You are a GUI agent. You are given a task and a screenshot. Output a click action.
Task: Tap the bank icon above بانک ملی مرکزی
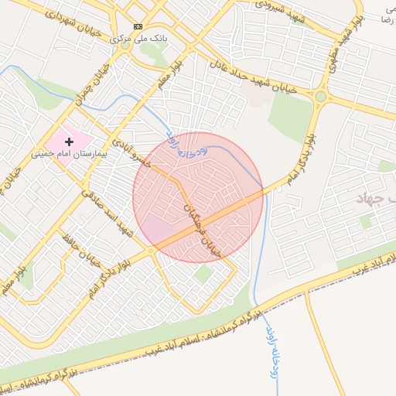[x=138, y=26]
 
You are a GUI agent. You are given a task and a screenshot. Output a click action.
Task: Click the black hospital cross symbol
[x=70, y=142]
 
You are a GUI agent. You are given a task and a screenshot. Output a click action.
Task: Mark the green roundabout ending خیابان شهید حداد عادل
[x=320, y=97]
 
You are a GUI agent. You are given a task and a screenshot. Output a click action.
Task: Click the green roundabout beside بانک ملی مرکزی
[x=125, y=45]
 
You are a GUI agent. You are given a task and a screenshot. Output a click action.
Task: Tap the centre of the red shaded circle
[x=198, y=198]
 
